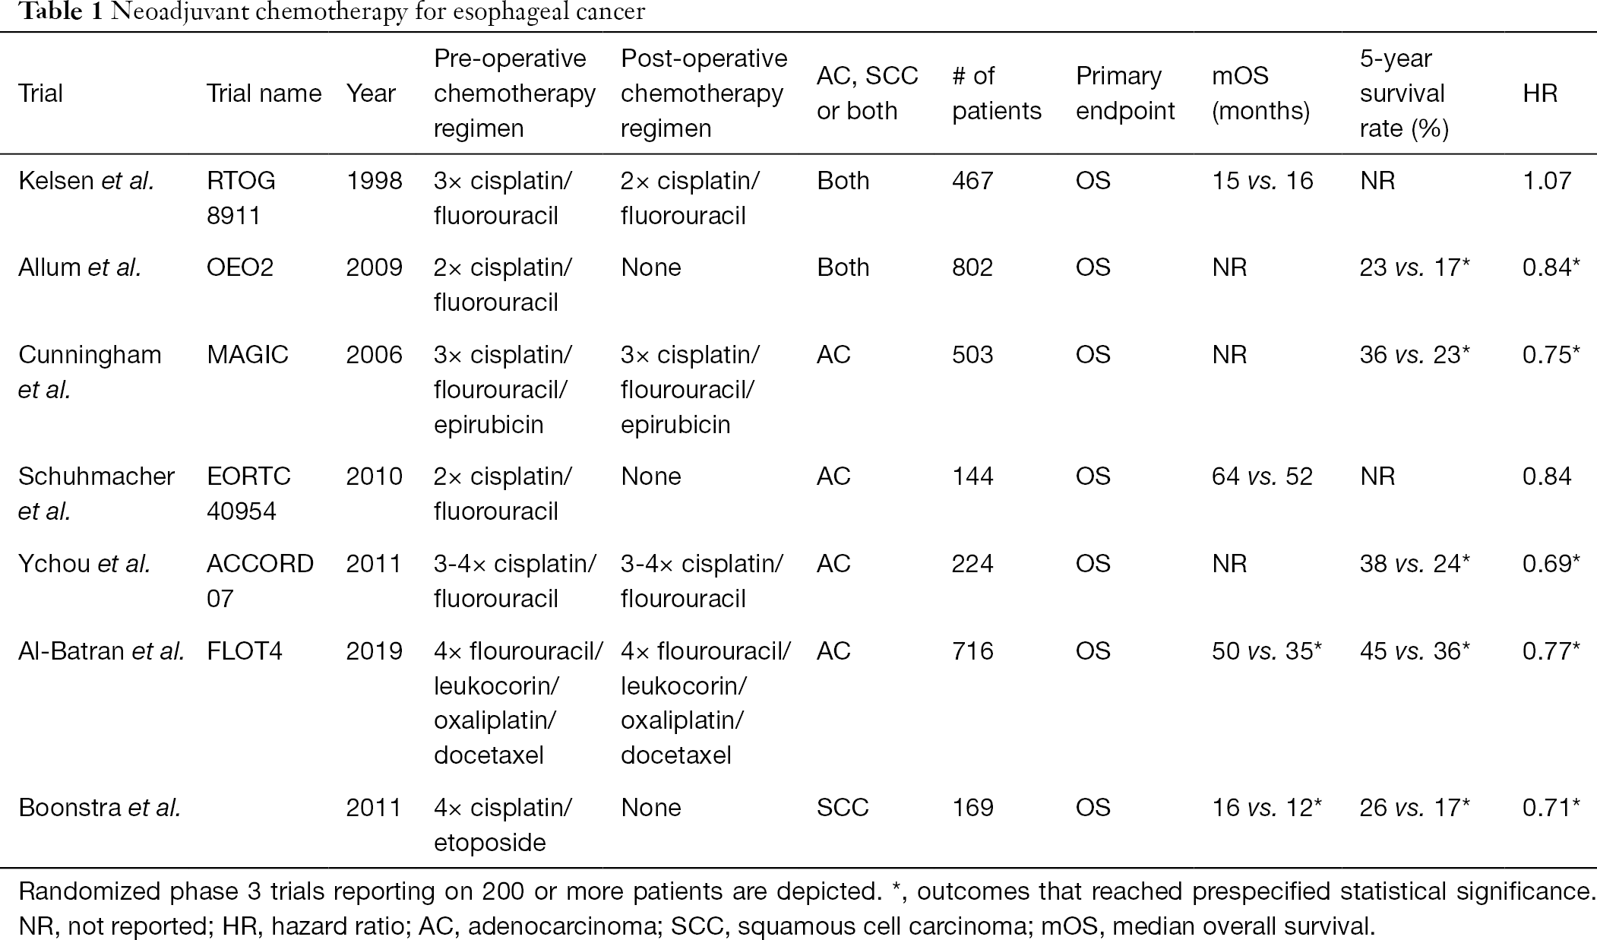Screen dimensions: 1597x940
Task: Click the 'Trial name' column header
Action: pyautogui.click(x=264, y=93)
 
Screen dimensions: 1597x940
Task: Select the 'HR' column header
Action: pyautogui.click(x=1540, y=93)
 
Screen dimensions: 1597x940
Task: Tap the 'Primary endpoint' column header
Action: pyautogui.click(x=1125, y=93)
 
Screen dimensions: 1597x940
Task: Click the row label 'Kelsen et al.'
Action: pyautogui.click(x=86, y=181)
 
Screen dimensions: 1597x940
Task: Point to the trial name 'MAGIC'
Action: pyautogui.click(x=248, y=355)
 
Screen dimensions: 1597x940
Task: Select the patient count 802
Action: pyautogui.click(x=972, y=267)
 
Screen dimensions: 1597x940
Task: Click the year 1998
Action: pyautogui.click(x=374, y=181)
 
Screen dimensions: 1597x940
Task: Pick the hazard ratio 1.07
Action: pyautogui.click(x=1547, y=181)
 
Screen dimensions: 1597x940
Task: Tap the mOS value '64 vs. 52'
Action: pyautogui.click(x=1262, y=476)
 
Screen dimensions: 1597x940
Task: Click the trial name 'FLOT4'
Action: pyautogui.click(x=245, y=651)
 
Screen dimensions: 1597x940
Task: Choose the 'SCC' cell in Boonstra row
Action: pyautogui.click(x=843, y=807)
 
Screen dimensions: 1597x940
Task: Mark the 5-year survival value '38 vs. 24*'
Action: pyautogui.click(x=1415, y=564)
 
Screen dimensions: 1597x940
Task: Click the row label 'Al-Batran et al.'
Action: pyautogui.click(x=101, y=651)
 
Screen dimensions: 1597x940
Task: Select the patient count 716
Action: pyautogui.click(x=972, y=651)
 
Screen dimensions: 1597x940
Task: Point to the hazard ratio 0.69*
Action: pyautogui.click(x=1551, y=564)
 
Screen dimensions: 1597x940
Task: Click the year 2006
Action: pyautogui.click(x=374, y=355)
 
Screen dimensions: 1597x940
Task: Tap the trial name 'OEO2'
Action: pyautogui.click(x=240, y=267)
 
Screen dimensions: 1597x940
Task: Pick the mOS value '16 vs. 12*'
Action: pyautogui.click(x=1267, y=807)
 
